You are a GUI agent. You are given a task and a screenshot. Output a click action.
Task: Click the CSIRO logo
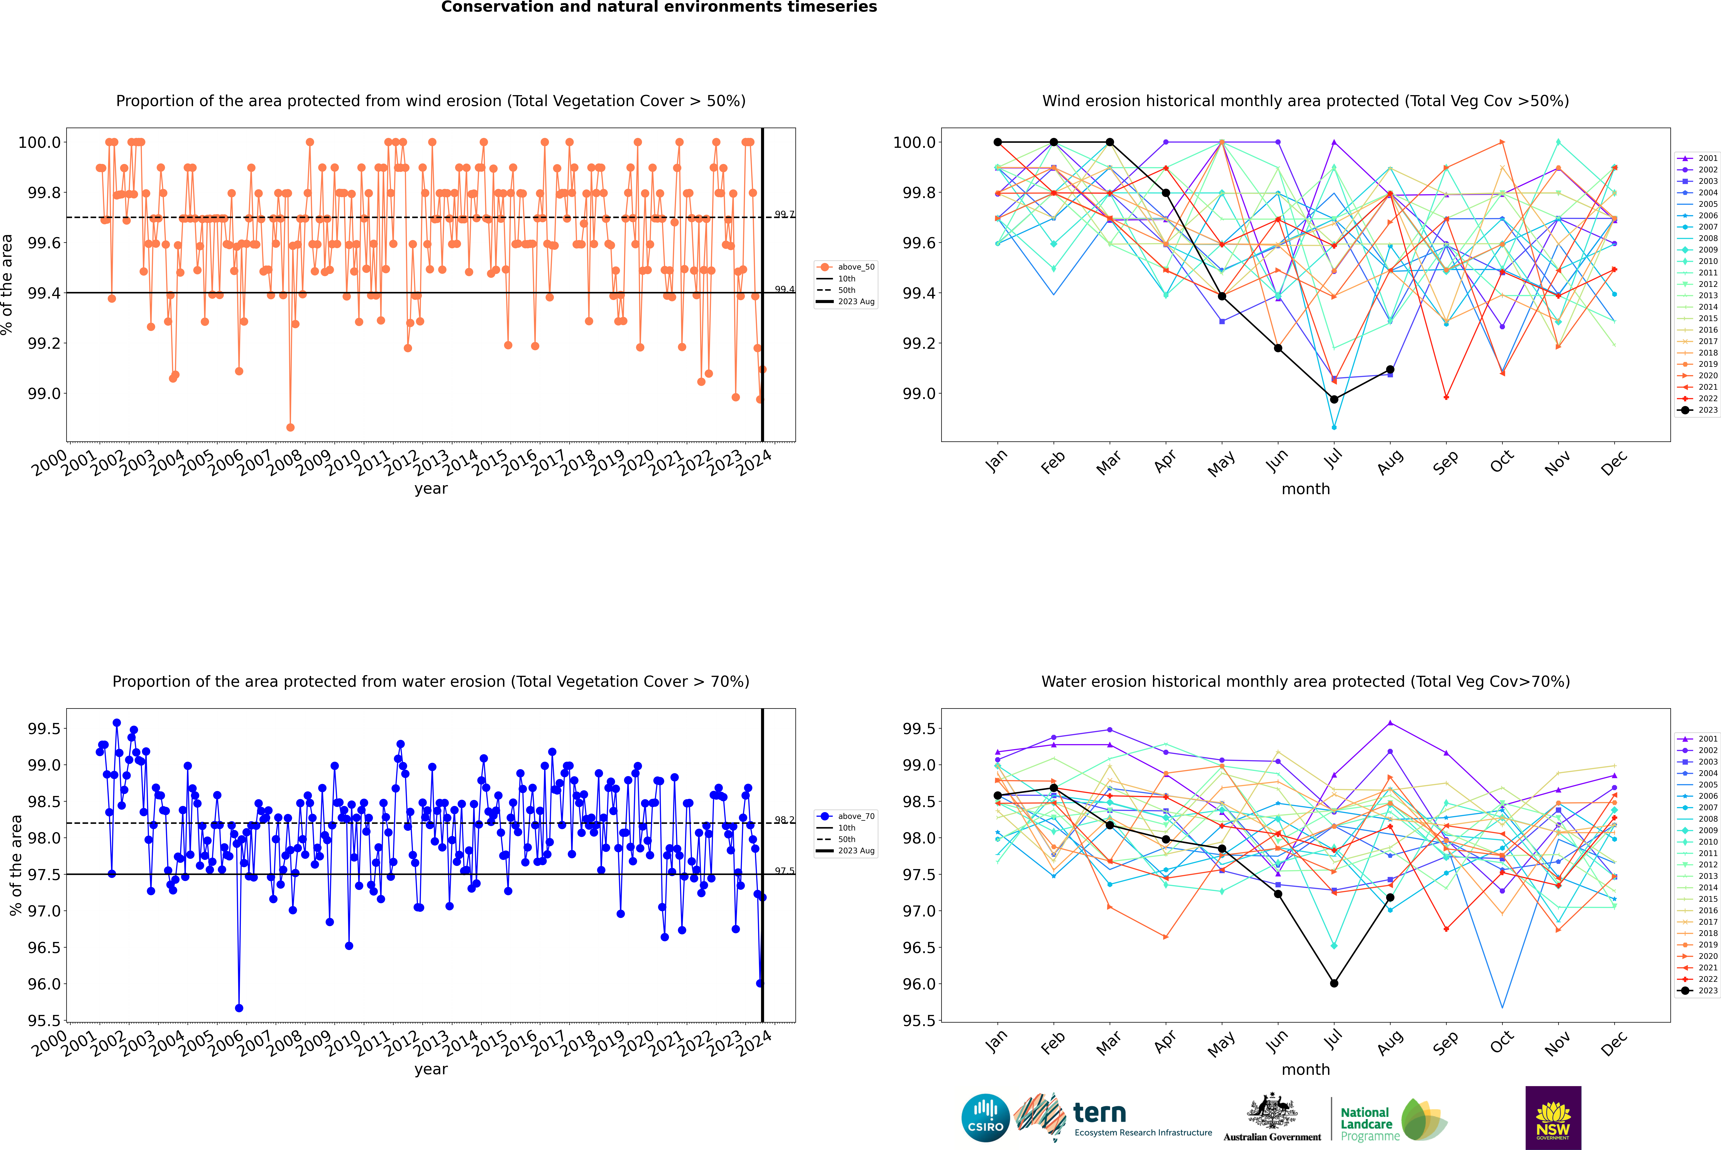tap(985, 1118)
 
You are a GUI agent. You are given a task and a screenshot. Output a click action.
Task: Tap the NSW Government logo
tap(1553, 1118)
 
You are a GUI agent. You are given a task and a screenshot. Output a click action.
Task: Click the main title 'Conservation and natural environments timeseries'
tap(659, 7)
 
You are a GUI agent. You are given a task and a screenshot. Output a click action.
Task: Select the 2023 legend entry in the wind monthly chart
tap(1698, 410)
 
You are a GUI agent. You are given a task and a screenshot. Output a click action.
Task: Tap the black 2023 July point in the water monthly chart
tap(1334, 983)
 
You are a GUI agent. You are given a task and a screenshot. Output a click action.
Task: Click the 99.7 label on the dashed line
tap(784, 214)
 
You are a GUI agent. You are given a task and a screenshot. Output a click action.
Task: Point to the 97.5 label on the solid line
tap(784, 871)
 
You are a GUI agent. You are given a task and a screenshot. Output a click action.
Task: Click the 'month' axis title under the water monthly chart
tap(1305, 1069)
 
